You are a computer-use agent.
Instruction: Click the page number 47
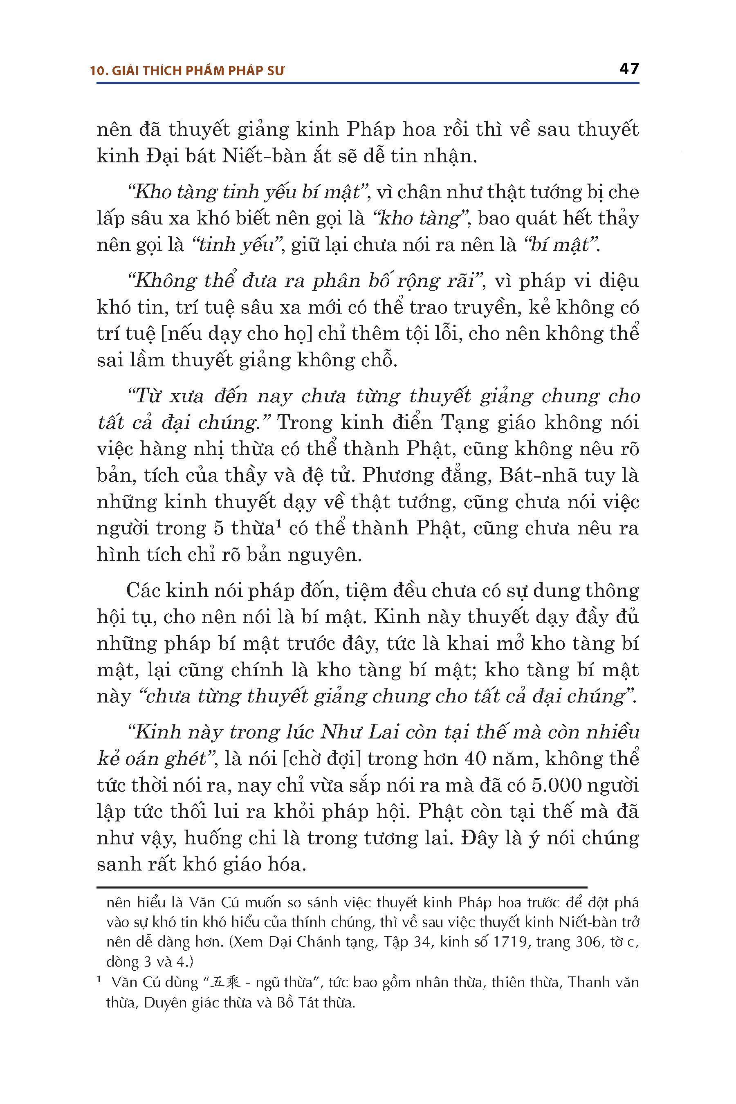point(629,69)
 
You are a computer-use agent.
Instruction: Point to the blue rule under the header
point(368,83)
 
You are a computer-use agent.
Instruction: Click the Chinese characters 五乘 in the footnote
point(226,983)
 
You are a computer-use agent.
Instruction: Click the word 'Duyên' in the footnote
point(166,1003)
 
